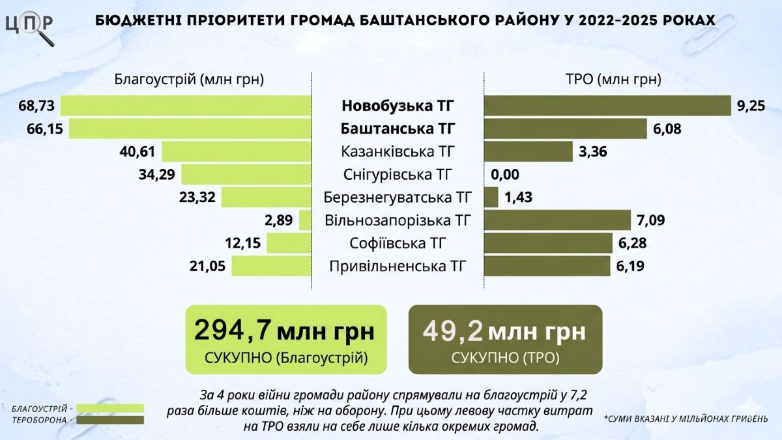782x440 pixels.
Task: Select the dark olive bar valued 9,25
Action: (607, 106)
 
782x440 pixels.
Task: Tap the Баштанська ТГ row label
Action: (398, 128)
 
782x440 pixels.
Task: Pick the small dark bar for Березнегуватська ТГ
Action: (491, 197)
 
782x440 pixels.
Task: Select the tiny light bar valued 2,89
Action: (305, 220)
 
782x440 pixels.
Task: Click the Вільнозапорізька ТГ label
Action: (398, 220)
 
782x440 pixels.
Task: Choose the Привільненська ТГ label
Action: (398, 266)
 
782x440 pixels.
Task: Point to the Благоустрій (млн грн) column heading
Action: (189, 80)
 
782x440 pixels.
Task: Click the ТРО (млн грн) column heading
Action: (613, 80)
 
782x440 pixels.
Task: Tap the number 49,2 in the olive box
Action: (453, 331)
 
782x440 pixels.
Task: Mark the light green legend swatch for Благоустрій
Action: (110, 408)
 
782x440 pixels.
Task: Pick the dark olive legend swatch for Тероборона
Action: (110, 420)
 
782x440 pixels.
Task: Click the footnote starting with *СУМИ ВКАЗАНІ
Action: (686, 418)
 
